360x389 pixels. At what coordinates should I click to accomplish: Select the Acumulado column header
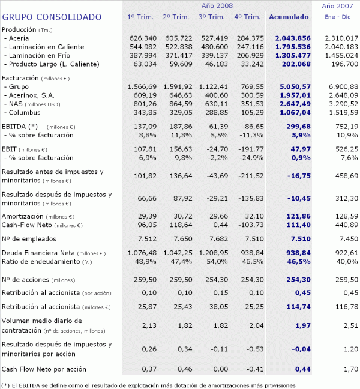pos(289,17)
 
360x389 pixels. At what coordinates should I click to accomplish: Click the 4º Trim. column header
pos(247,17)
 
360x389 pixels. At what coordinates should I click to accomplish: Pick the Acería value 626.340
pos(143,38)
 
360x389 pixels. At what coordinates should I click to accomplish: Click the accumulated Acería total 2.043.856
pos(292,38)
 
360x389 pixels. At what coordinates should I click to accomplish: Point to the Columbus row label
pos(25,112)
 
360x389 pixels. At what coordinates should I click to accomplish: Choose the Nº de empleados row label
pos(30,238)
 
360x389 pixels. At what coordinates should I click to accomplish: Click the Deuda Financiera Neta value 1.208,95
pos(214,253)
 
